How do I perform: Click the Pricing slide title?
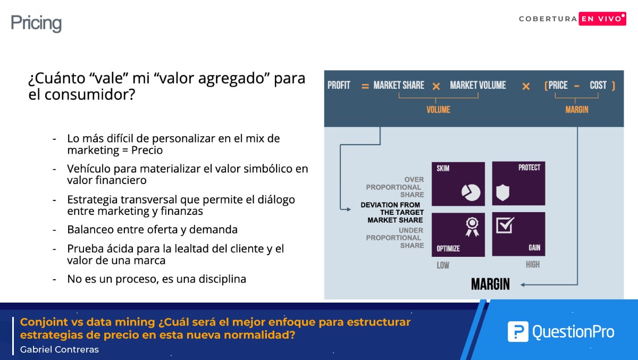pos(36,23)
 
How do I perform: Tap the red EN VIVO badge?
pos(602,19)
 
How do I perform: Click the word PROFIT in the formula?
pos(339,85)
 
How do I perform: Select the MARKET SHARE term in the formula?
pos(399,85)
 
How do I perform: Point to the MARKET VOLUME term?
pos(478,85)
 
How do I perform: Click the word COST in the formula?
pos(598,85)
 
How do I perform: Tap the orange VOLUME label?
pos(438,110)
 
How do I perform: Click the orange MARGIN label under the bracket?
pos(577,110)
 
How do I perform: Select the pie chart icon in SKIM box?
pos(471,192)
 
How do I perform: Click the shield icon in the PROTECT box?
pos(503,192)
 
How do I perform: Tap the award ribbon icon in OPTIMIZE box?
pos(472,227)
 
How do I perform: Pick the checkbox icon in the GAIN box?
pos(505,225)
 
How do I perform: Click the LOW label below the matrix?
pos(443,265)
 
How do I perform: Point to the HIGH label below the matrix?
pos(533,265)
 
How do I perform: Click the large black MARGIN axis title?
pos(490,284)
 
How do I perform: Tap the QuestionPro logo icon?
pos(518,331)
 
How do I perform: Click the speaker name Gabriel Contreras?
pos(59,349)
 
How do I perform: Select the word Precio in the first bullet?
pos(147,150)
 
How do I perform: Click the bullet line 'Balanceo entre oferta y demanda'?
pos(153,230)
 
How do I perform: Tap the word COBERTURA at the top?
pos(548,19)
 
